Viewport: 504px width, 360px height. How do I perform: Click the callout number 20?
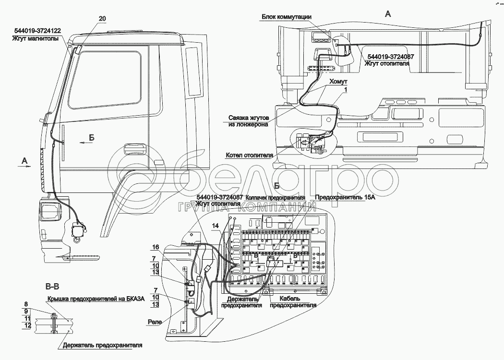(102, 19)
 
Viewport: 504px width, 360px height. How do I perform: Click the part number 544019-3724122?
(37, 31)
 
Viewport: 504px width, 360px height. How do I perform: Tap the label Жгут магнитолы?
(36, 39)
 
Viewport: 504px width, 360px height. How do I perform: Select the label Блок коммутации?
(287, 17)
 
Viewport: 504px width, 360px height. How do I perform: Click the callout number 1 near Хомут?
(346, 90)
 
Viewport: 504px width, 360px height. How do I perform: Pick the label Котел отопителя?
(249, 155)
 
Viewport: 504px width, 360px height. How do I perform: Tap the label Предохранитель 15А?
(345, 197)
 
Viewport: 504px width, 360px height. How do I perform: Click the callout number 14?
(216, 226)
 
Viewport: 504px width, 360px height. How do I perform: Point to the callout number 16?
(156, 247)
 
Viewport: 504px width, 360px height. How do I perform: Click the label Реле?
(155, 322)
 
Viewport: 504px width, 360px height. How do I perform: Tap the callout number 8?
(26, 304)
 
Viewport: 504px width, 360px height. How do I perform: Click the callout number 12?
(28, 325)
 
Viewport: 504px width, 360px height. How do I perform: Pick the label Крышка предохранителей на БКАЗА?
(96, 299)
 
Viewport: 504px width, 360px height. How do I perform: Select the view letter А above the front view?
(388, 13)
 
